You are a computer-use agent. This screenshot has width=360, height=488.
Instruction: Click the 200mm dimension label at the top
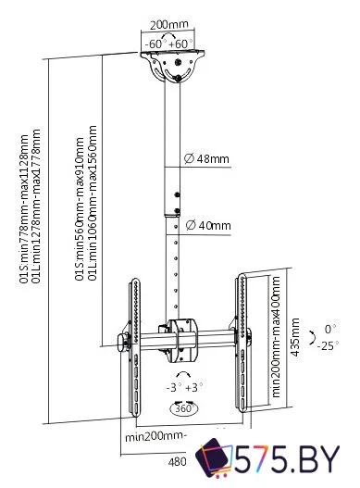point(169,25)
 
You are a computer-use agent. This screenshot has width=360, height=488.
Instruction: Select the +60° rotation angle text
point(180,44)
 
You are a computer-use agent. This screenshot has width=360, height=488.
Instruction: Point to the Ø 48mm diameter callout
point(206,158)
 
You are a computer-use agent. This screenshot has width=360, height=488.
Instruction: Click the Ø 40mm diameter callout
point(208,225)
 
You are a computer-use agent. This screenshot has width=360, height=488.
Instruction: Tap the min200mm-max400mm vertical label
point(276,337)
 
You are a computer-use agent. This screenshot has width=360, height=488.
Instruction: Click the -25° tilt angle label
point(328,345)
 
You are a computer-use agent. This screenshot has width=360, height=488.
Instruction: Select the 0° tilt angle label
point(330,329)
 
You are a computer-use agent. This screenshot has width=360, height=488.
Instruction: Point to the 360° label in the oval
point(184,408)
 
